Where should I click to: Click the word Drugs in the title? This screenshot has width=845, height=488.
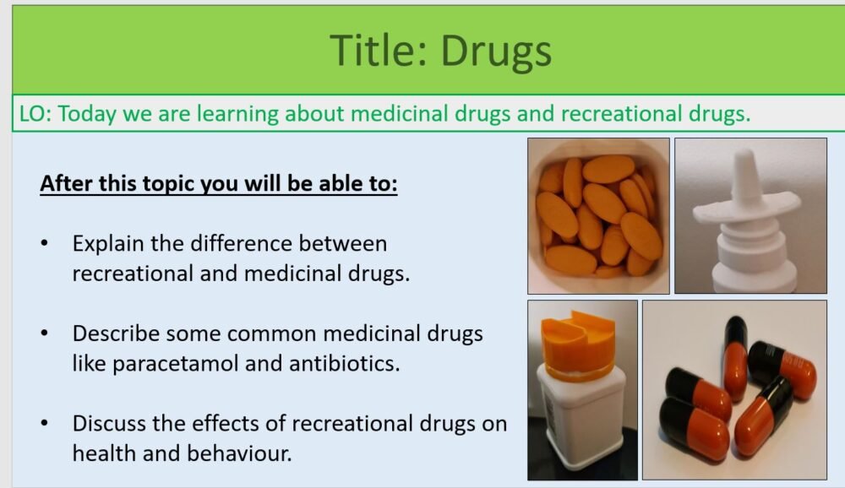pos(496,51)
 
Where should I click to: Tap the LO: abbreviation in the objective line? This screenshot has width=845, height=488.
pos(36,115)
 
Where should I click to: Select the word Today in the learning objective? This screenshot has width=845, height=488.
pos(88,115)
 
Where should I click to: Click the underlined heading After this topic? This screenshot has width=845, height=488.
pos(218,183)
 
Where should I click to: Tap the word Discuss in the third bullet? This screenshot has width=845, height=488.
pos(106,422)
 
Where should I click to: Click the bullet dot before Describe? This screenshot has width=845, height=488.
pos(45,333)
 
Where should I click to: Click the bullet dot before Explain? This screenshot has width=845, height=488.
pos(45,245)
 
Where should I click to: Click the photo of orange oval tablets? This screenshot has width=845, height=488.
pos(598,216)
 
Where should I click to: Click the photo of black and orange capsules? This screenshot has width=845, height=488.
pos(733,390)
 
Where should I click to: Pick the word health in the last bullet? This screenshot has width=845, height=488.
pos(105,453)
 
